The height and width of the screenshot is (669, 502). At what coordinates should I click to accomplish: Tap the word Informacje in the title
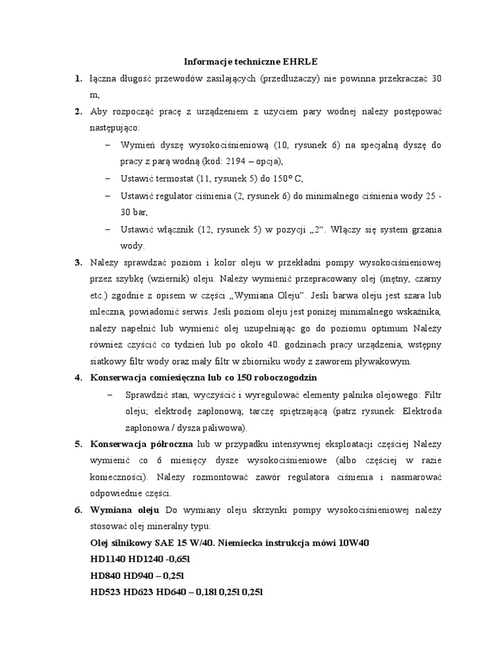click(x=208, y=62)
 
